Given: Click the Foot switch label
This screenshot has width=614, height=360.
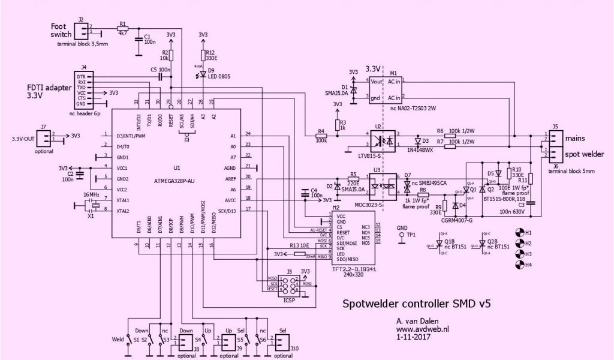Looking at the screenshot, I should pyautogui.click(x=61, y=31).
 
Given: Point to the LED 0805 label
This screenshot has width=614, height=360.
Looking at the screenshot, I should pyautogui.click(x=220, y=77).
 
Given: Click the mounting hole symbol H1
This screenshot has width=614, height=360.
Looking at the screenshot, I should pyautogui.click(x=520, y=232).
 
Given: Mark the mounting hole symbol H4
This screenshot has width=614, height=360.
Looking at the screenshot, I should pyautogui.click(x=520, y=265).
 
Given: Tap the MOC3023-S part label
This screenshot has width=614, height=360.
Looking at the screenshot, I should pyautogui.click(x=377, y=205).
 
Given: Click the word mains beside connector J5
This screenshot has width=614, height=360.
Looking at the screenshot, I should pyautogui.click(x=575, y=137).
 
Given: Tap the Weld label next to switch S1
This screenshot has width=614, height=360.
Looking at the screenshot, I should pyautogui.click(x=118, y=340).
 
